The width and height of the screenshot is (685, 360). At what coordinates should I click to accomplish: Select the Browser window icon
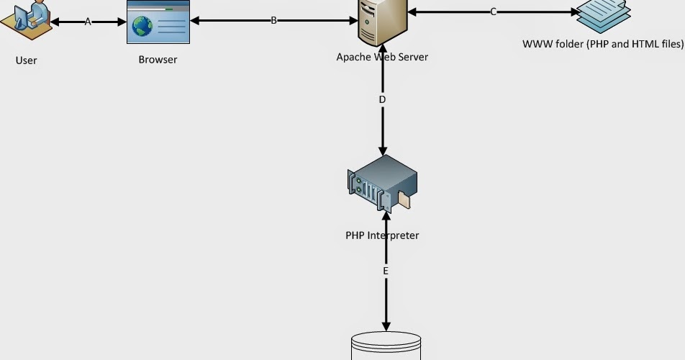(x=158, y=22)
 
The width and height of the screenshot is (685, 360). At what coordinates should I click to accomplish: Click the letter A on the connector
(x=88, y=22)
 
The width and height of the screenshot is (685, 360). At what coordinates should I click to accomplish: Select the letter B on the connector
(x=273, y=21)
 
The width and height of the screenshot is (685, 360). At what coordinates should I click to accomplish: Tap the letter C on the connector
(x=493, y=12)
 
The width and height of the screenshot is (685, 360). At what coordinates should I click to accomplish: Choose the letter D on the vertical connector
(x=382, y=99)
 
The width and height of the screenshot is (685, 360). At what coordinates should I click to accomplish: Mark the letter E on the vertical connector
(x=386, y=271)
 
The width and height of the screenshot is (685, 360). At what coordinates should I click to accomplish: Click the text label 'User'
(x=26, y=60)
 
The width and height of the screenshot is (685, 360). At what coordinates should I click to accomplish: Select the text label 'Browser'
(x=158, y=60)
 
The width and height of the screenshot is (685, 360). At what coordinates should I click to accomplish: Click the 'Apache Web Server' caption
(x=382, y=57)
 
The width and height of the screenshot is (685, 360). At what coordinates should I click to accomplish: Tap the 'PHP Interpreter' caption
(x=382, y=235)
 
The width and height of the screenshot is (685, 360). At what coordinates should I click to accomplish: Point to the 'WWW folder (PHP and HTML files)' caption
(x=603, y=44)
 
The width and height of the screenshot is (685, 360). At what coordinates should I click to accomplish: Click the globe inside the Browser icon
(x=142, y=27)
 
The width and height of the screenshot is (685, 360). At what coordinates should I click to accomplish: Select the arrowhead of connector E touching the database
(x=386, y=326)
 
